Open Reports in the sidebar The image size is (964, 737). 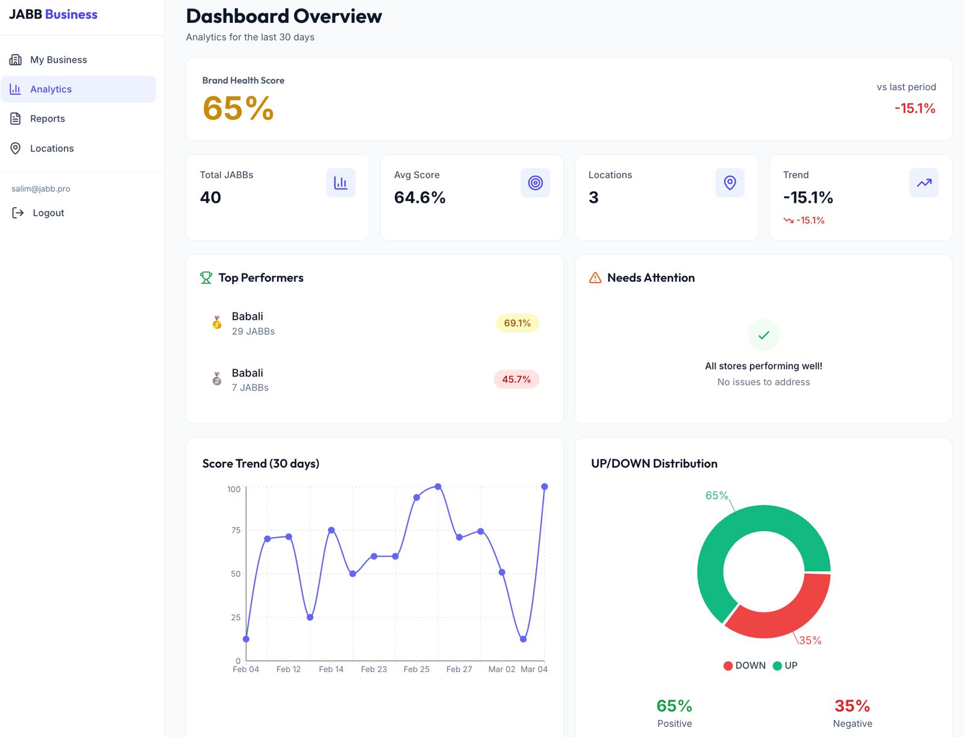[47, 119]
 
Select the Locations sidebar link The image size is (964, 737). [51, 148]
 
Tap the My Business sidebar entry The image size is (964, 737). [58, 60]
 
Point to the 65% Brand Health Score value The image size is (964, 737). [238, 108]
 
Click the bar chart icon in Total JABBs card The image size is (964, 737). [340, 182]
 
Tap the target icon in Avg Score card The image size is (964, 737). [535, 182]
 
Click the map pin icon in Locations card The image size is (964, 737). [730, 182]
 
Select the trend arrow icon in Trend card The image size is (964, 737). [924, 182]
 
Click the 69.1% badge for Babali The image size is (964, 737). [517, 323]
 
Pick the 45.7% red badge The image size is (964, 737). [516, 379]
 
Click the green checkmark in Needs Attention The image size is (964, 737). [763, 335]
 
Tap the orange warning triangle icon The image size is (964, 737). [595, 278]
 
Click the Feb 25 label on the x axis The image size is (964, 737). [416, 669]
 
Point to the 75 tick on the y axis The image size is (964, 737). [236, 530]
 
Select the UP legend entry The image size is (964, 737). [785, 665]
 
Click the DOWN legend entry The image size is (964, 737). [745, 665]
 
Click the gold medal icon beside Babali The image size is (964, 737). [217, 323]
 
